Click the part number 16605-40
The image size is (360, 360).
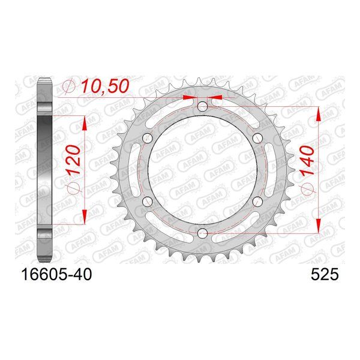[x=56, y=274]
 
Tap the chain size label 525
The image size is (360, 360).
[x=325, y=274]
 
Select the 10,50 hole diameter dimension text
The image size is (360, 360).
[x=105, y=86]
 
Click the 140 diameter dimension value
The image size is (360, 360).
[x=307, y=161]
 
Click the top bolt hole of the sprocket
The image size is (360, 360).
[x=202, y=106]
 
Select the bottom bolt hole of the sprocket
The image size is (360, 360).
[x=202, y=233]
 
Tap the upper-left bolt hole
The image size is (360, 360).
[x=148, y=138]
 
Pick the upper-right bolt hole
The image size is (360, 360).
[x=257, y=138]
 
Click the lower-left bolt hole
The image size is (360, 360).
[x=148, y=202]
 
